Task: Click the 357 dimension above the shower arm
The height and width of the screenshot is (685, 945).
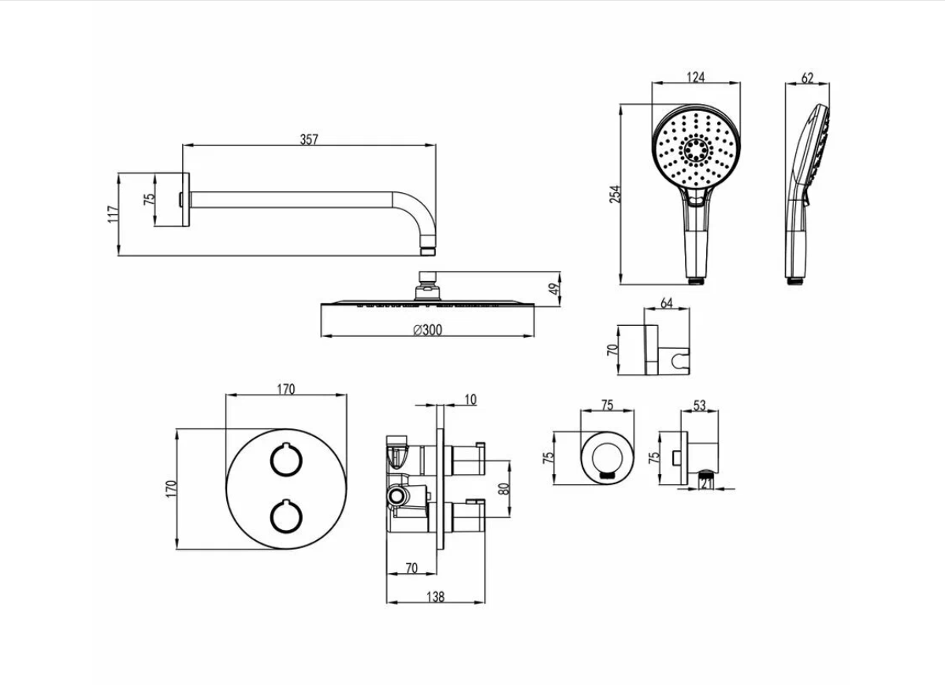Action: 309,139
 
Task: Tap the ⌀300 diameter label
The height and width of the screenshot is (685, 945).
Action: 427,330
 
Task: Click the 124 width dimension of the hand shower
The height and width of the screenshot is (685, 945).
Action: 694,76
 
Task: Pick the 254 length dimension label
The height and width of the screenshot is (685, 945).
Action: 616,194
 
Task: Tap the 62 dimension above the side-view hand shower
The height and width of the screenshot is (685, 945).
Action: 807,77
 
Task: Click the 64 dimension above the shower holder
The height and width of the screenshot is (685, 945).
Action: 666,302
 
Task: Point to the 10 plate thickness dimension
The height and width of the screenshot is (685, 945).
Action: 471,400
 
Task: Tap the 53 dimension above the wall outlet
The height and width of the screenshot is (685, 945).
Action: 700,405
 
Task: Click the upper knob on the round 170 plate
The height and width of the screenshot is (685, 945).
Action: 285,460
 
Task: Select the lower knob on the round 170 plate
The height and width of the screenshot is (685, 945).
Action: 285,517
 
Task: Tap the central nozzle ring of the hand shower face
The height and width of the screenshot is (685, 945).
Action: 696,148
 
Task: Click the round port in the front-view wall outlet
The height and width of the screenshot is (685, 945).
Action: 607,457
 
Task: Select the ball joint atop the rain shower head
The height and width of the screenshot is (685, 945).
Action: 427,278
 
